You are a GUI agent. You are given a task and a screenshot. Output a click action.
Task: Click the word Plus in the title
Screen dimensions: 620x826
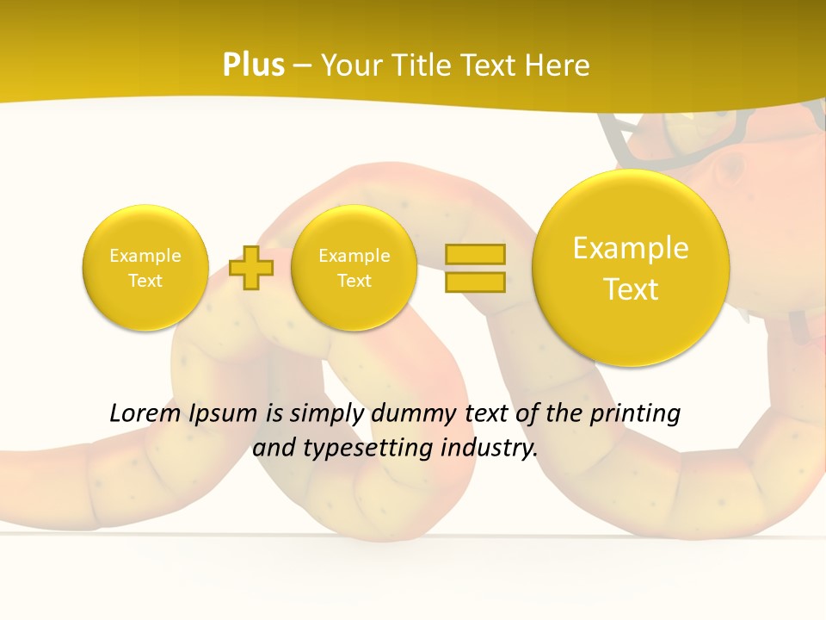(x=253, y=65)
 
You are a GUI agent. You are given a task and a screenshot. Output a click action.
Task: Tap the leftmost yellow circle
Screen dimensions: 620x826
(x=145, y=268)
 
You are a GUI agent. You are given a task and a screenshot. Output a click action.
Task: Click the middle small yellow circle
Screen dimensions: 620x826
(x=354, y=268)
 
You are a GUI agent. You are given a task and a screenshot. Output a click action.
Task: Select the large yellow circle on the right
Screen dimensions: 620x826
(x=631, y=268)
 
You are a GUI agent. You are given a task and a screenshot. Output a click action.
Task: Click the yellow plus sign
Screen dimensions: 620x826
(x=252, y=268)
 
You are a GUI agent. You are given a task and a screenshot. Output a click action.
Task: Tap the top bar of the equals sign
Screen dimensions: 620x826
(x=475, y=254)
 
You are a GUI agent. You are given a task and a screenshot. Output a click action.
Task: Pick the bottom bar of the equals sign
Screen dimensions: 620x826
(x=475, y=282)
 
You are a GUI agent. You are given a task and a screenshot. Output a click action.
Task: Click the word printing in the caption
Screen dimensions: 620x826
(x=634, y=414)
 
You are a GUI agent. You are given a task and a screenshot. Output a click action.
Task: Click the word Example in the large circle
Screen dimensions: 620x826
(x=631, y=248)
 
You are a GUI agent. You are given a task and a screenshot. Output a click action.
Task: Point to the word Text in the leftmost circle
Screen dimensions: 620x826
(x=145, y=281)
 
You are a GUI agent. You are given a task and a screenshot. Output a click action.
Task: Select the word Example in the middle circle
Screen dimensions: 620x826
(x=354, y=256)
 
